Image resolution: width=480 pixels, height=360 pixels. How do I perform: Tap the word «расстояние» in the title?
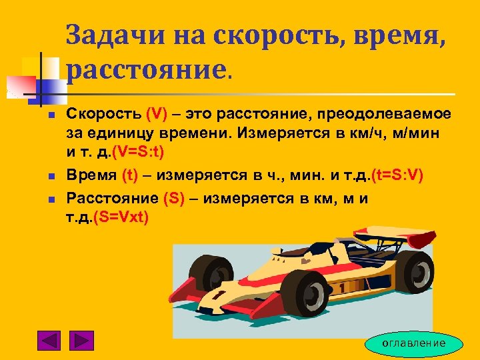pos(147,67)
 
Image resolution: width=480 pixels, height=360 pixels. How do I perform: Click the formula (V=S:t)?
pos(143,153)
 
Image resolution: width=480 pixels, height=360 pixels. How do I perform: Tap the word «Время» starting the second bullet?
pos(92,175)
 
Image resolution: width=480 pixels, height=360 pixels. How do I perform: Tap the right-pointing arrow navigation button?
pos(82,341)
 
